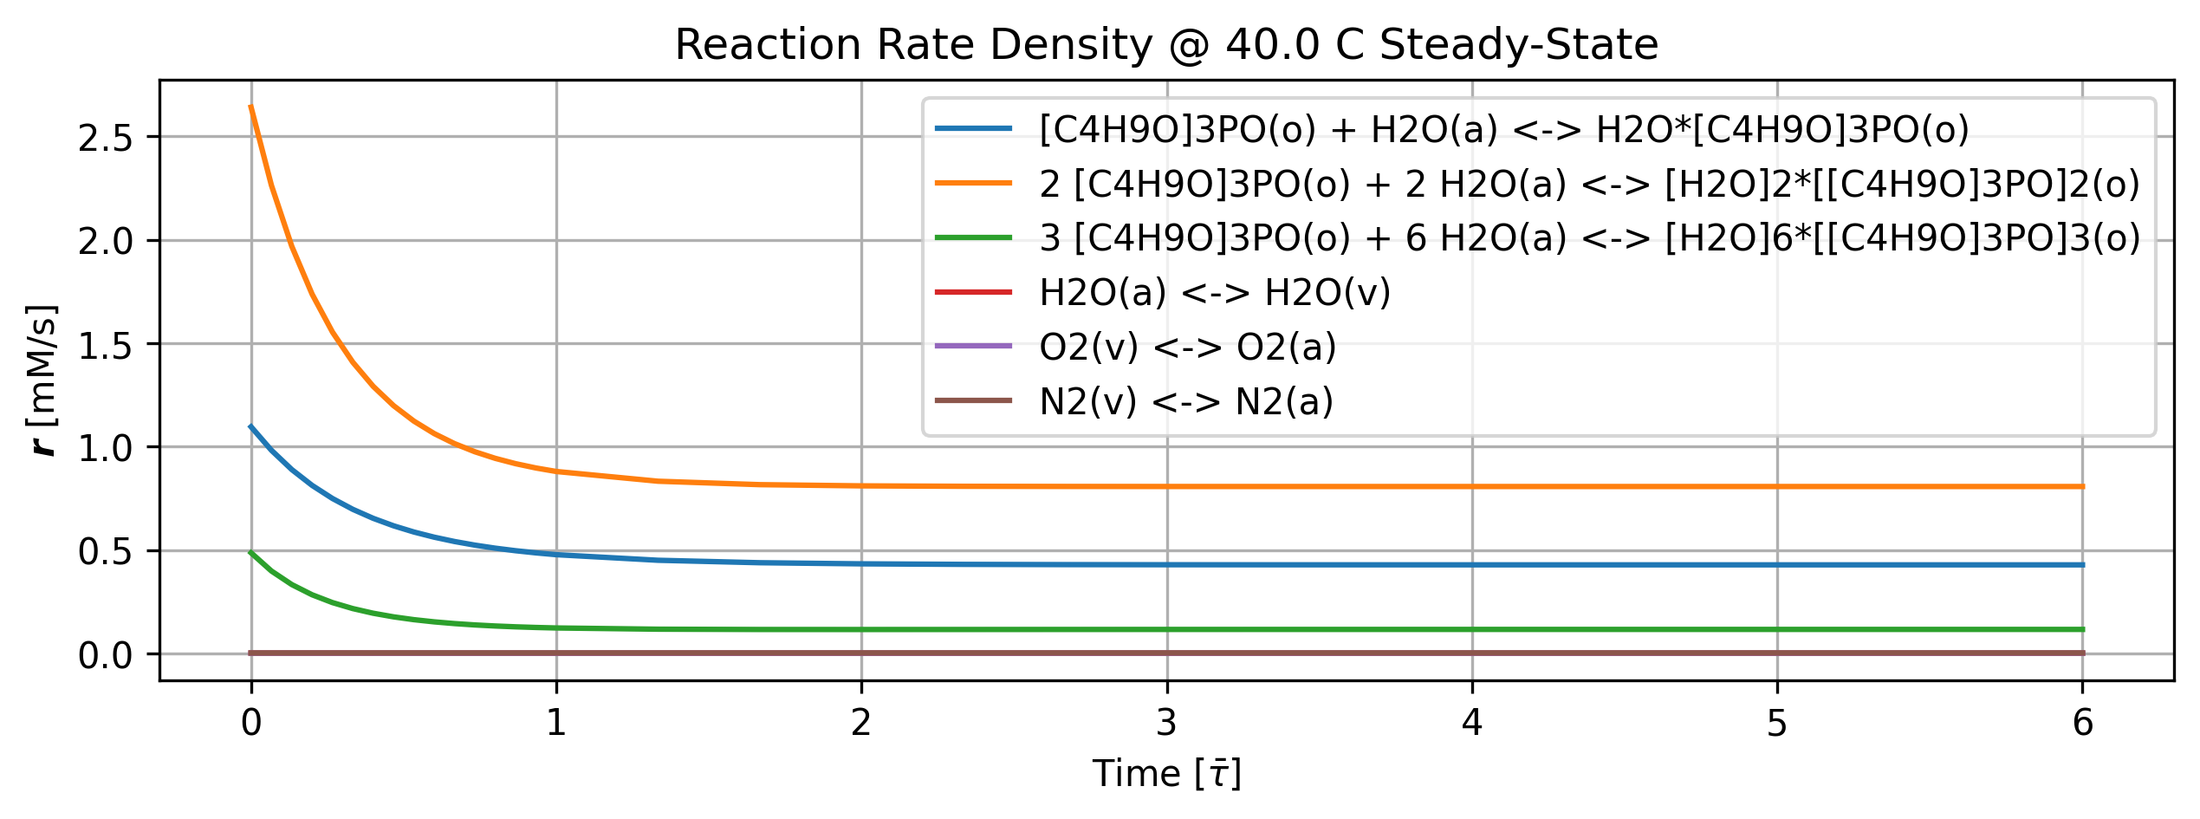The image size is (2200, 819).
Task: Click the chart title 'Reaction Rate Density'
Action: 913,45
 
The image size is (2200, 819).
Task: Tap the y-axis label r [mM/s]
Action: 42,380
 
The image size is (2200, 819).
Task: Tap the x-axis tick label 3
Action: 1167,723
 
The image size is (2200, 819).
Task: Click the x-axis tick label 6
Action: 2082,723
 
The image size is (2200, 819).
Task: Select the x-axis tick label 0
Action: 251,723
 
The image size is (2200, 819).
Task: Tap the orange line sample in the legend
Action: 973,183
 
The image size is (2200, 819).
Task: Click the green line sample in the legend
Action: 973,237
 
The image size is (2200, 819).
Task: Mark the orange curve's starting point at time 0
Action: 251,107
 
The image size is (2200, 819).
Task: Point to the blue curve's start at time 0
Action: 251,426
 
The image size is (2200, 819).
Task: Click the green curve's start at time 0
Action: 251,552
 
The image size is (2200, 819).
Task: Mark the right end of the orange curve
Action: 2082,487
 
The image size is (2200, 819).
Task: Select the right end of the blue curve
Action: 2082,565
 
